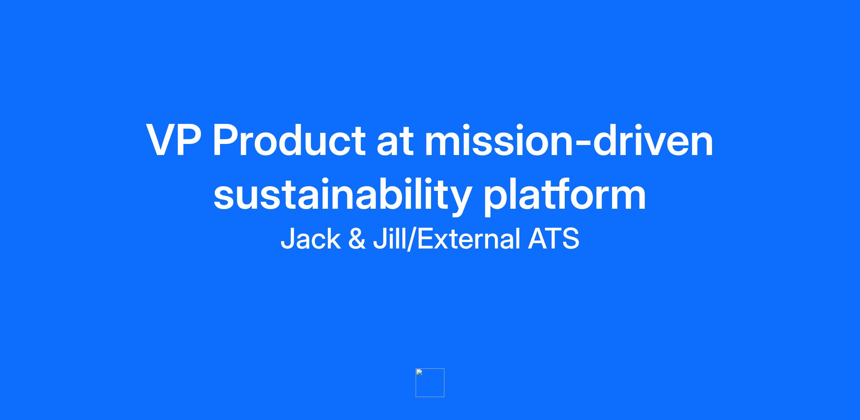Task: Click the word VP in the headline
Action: tap(173, 140)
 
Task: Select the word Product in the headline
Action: tap(289, 140)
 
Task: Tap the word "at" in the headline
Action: tap(395, 142)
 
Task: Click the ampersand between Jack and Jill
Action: tap(357, 239)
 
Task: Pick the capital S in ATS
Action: tap(570, 238)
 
